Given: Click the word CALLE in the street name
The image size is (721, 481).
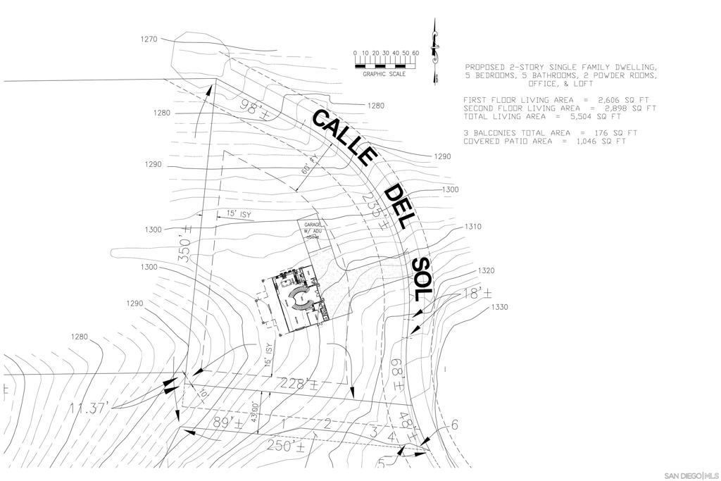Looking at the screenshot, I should (345, 137).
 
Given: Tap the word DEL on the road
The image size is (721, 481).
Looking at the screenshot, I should (398, 206).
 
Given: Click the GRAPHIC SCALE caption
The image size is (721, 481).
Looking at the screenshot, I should (384, 74).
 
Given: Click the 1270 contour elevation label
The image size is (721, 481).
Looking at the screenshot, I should (149, 39).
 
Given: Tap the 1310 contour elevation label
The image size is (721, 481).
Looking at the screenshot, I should (473, 227).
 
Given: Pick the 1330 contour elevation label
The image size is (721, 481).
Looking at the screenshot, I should (499, 307).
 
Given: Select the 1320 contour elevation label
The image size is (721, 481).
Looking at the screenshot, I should (486, 270).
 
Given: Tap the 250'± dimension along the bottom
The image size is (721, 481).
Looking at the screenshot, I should (286, 446).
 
